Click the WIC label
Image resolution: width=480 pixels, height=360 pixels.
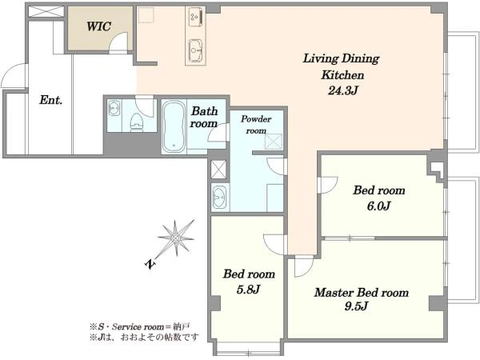(98, 26)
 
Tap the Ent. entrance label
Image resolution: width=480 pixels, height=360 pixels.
(51, 100)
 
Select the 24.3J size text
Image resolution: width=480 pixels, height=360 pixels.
(343, 90)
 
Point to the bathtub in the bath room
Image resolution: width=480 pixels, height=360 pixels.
(174, 126)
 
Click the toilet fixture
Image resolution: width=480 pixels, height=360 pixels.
(137, 122)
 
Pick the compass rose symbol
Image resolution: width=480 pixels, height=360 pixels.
(175, 238)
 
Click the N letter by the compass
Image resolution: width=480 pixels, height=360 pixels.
(150, 263)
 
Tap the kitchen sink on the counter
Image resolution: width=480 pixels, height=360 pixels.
(195, 50)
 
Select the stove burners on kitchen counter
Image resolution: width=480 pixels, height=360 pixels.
(195, 17)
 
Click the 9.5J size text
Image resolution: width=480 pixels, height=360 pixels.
(356, 306)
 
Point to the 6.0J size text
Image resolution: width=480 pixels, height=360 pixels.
(378, 206)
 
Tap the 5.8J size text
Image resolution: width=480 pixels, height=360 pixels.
(248, 290)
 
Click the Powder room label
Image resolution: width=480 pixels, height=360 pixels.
(256, 125)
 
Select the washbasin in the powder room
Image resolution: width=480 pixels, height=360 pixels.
(219, 198)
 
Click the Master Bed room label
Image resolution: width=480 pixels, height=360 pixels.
(362, 292)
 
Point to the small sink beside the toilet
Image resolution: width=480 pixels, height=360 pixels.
(114, 108)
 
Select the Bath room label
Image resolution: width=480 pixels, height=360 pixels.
(204, 118)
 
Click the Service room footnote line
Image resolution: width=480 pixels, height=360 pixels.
(141, 327)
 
